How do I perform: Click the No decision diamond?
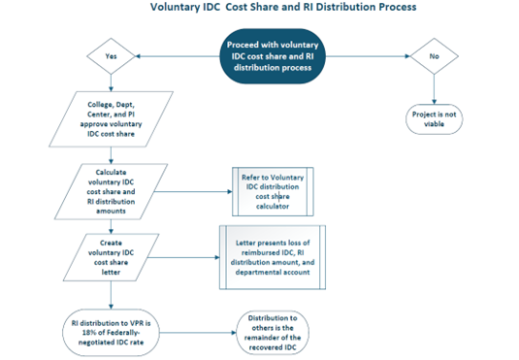[x=433, y=56]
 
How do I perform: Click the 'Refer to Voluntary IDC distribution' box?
[x=273, y=191]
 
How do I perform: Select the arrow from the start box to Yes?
[x=170, y=56]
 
